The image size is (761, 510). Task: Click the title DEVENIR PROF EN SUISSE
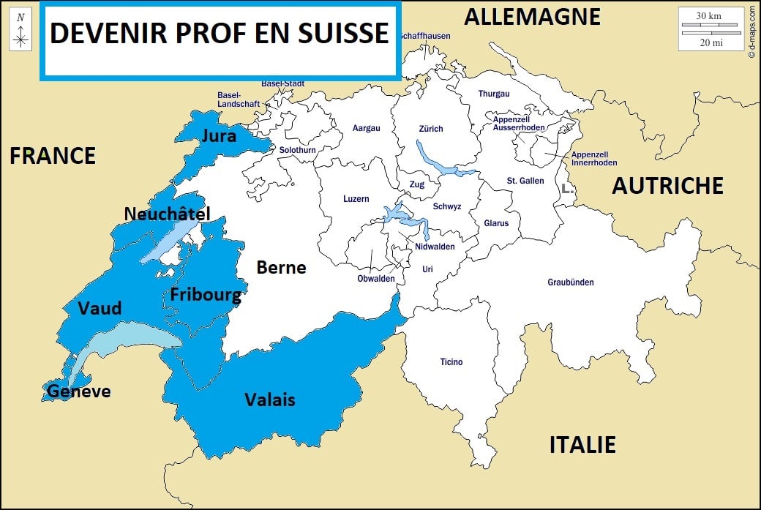coord(219,34)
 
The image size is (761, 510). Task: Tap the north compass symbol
coord(21,31)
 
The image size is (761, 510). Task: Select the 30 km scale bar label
coord(709,15)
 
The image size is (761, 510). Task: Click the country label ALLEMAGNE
coord(532,16)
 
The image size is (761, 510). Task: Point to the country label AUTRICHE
coord(667,186)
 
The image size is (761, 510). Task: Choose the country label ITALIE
coord(582,444)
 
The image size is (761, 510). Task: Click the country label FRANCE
coord(53,155)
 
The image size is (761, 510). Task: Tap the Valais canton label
coord(270,399)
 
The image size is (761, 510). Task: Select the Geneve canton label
coord(78,391)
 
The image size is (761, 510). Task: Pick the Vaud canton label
coord(100,308)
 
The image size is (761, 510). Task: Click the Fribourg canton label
coord(206,295)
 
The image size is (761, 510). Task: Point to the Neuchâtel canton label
coord(167,214)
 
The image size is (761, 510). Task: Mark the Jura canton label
coord(220,136)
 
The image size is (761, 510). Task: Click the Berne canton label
coord(281,268)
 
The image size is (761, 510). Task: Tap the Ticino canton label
coord(451,362)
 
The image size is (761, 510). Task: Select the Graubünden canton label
coord(570,282)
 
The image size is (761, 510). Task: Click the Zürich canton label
coord(430,129)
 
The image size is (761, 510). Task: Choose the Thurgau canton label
coord(494,94)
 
